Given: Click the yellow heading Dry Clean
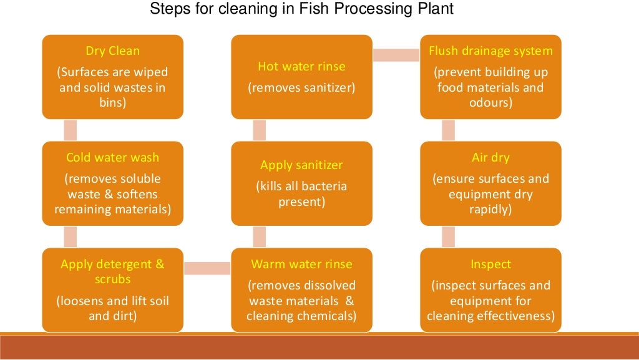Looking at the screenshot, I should (112, 51).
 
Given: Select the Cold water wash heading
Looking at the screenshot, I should (112, 158).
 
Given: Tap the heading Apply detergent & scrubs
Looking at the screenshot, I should (112, 271).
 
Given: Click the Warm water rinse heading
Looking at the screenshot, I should (301, 264).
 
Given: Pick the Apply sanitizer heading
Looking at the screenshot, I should (301, 165).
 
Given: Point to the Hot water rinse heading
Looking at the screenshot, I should (301, 66).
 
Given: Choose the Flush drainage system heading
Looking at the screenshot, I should (490, 51).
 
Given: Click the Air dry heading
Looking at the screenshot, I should (490, 158).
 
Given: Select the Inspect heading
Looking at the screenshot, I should (490, 264).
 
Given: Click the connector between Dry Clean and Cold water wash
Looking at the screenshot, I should (71, 130).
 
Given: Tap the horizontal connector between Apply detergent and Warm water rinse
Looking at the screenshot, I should (207, 268).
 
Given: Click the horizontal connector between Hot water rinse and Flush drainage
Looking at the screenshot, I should (396, 55).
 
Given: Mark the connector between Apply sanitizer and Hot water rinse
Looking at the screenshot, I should (260, 130).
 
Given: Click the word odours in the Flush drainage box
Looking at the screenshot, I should (490, 102).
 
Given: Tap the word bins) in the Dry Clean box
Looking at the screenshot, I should (112, 102).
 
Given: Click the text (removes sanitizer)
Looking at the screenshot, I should (301, 88).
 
